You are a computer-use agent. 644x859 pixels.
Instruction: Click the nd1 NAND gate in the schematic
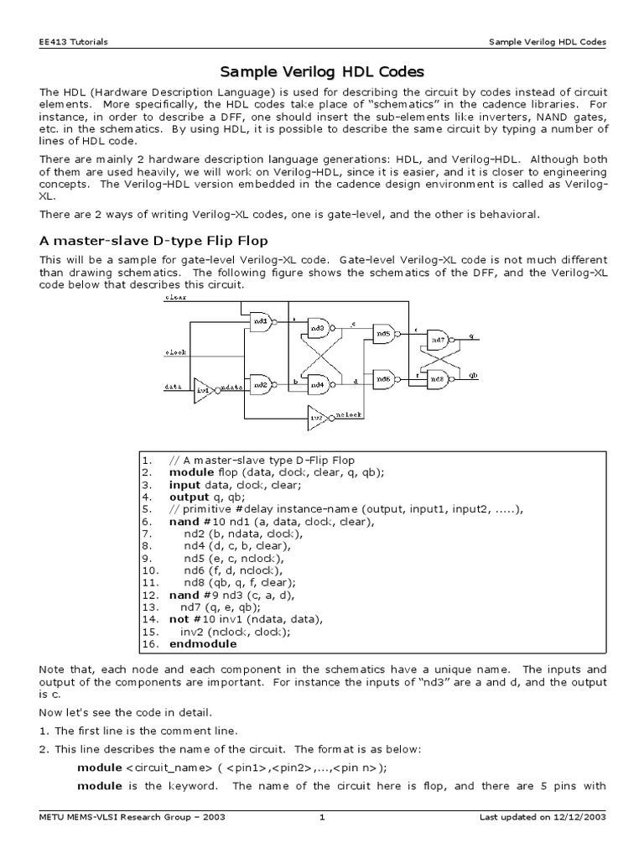[260, 320]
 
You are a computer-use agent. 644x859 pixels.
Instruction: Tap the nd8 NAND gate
[438, 378]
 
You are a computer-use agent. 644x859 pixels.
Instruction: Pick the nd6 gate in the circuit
[383, 378]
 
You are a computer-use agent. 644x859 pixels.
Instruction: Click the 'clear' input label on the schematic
[175, 298]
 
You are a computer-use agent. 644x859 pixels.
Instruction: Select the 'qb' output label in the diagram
[473, 376]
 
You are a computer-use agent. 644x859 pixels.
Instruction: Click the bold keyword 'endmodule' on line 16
[203, 644]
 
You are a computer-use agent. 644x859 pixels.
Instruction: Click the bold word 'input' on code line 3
[184, 485]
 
